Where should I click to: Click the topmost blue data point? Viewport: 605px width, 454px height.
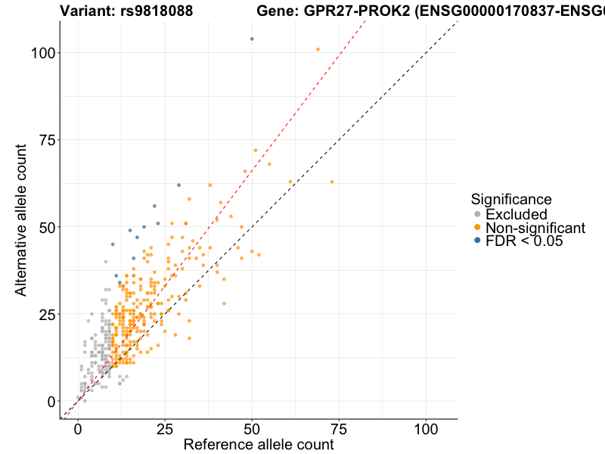[x=252, y=39]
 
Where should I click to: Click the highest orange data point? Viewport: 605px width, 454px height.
[x=318, y=49]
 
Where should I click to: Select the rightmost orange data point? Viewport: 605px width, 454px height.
[x=331, y=182]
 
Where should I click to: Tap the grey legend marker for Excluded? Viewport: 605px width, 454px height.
[x=476, y=215]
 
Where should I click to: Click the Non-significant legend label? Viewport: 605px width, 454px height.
[x=535, y=229]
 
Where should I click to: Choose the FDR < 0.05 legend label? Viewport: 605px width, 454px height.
[x=523, y=242]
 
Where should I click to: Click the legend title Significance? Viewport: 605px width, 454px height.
[x=510, y=199]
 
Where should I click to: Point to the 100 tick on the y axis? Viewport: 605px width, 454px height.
[x=45, y=53]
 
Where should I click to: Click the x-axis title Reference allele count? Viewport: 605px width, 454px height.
[x=259, y=444]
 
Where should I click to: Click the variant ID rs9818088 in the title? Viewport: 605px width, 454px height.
[x=156, y=11]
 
